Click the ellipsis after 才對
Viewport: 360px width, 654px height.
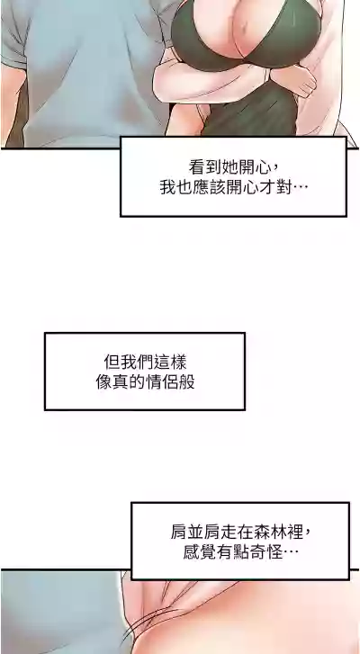300,190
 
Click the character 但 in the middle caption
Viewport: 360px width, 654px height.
112,362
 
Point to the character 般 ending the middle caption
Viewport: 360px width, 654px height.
186,381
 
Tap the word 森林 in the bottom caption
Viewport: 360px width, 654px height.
268,533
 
